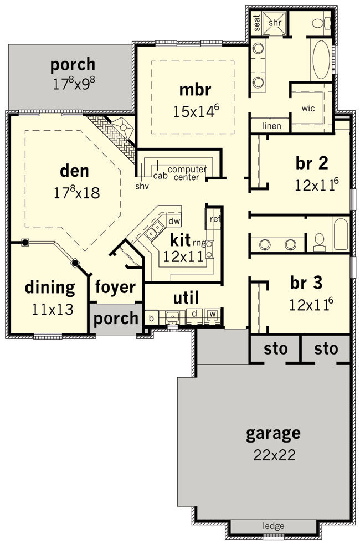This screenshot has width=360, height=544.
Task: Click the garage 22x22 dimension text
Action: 274,454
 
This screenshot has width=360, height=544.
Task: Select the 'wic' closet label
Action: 308,108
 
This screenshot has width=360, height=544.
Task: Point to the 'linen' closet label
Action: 271,126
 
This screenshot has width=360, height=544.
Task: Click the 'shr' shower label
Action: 275,23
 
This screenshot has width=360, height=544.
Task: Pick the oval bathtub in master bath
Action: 322,60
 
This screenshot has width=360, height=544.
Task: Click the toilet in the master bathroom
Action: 321,24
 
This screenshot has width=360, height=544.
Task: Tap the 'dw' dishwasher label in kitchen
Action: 173,221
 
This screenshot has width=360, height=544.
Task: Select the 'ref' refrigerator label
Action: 215,219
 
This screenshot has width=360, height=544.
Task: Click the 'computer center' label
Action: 187,173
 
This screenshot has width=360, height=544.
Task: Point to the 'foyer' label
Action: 115,288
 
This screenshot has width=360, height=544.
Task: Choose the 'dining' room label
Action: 50,288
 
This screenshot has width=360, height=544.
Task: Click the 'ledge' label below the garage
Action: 274,526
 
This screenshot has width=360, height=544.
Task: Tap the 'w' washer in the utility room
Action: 213,314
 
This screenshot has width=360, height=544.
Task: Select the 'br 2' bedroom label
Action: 312,163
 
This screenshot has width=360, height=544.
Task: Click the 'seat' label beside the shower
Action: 257,23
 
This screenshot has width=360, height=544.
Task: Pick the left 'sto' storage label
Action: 276,348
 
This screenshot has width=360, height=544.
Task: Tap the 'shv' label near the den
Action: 142,186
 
